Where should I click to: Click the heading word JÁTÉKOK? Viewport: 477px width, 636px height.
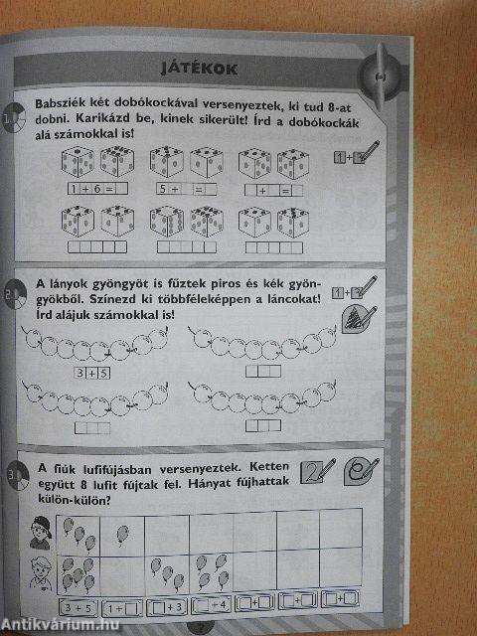click(205, 68)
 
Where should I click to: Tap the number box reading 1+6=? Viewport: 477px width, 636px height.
click(95, 188)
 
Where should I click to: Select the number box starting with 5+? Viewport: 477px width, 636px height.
click(186, 188)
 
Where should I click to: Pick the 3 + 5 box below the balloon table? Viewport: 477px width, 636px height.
click(76, 606)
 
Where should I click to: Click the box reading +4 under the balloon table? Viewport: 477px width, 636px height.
click(213, 605)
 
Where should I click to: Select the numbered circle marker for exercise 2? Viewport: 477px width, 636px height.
click(15, 296)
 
